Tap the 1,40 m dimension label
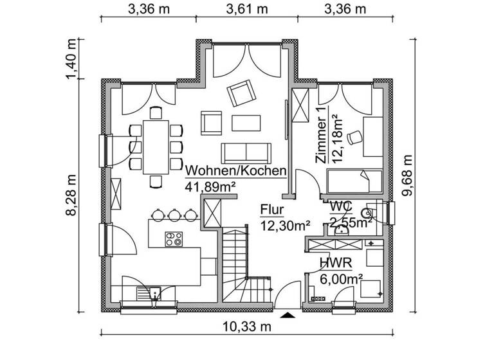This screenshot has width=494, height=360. coord(73,58)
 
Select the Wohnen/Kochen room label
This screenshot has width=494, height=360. coord(235,171)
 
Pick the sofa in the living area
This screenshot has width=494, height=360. coord(246,153)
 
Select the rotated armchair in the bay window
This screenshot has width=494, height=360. coord(241,94)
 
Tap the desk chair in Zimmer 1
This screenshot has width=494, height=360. coord(353,137)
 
